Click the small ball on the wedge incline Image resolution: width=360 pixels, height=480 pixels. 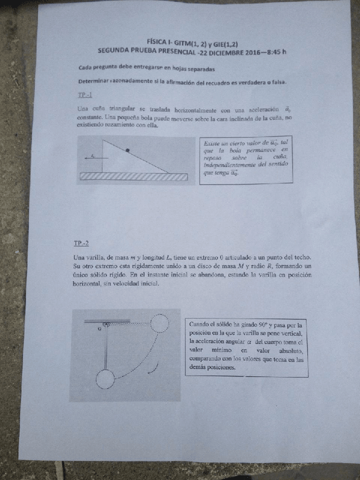[x=128, y=150]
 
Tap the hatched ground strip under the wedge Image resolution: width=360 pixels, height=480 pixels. [x=134, y=176]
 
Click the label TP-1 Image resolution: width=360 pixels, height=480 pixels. [x=84, y=95]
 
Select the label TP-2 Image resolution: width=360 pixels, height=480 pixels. [x=81, y=244]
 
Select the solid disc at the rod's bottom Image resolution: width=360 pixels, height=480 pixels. [x=105, y=379]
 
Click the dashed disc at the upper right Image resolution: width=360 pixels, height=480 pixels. [x=158, y=323]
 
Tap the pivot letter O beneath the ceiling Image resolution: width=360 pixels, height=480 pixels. [x=99, y=328]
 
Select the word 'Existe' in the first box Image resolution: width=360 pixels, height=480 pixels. [x=213, y=143]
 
